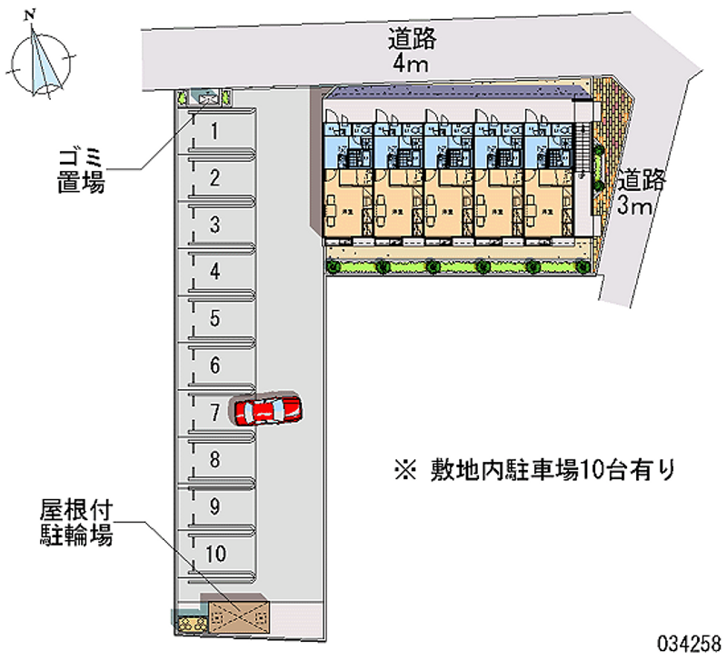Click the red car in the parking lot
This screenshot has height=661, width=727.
pos(268,411)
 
